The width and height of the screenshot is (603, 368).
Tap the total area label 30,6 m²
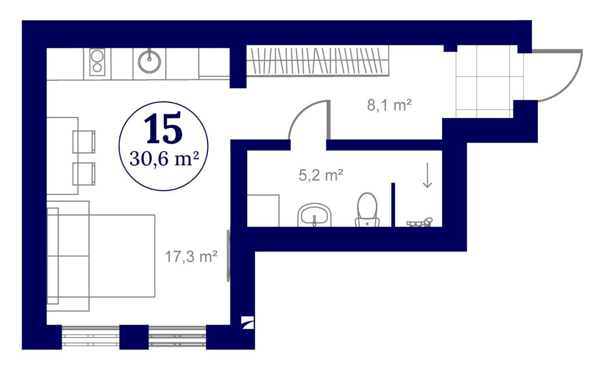point(164,159)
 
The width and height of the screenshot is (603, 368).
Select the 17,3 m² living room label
point(191,257)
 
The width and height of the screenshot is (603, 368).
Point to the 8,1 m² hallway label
point(389,105)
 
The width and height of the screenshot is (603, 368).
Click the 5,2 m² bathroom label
point(321,175)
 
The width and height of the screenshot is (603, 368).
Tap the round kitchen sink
point(149,62)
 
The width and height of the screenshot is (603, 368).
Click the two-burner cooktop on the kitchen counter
point(97,63)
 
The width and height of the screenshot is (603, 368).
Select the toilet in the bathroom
point(367,210)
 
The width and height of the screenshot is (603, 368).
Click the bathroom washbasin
point(314,215)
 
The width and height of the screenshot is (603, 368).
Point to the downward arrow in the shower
point(427,175)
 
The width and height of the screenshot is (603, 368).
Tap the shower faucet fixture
point(420,223)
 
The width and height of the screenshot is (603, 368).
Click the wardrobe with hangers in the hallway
point(318,61)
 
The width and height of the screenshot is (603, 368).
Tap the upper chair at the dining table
point(84,142)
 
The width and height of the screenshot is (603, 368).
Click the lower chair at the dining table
point(84,174)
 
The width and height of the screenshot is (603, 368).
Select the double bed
point(101,256)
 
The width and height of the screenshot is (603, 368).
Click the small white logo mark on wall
point(247,322)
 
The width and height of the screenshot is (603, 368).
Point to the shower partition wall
point(393,205)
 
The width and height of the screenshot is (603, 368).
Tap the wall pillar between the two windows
point(134,337)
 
